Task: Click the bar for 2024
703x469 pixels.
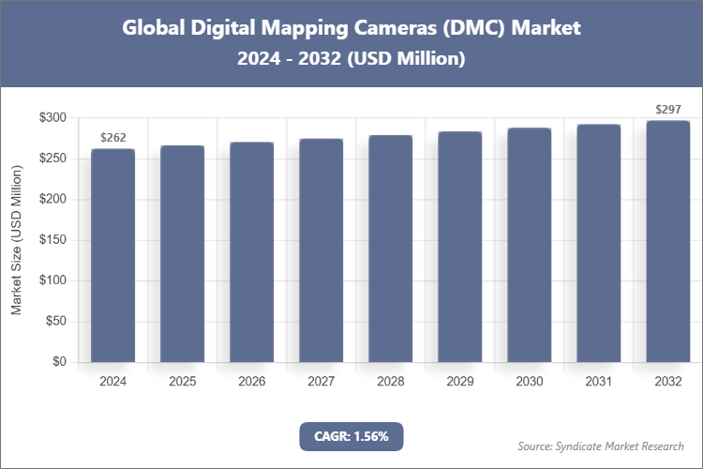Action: [x=112, y=255]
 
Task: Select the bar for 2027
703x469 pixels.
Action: [x=321, y=250]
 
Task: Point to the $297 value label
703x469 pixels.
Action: [x=667, y=110]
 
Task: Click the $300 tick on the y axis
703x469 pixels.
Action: [x=52, y=118]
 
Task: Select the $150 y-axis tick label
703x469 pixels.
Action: [x=52, y=240]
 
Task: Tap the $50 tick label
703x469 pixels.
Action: [x=55, y=322]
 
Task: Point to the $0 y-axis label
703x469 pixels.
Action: [x=59, y=362]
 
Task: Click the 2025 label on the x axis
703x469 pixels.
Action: [x=182, y=382]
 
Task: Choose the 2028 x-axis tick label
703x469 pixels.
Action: [x=390, y=382]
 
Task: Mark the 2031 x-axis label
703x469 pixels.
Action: [x=598, y=382]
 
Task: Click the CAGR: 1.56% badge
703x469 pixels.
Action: [x=351, y=436]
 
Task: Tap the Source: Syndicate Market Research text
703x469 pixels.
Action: [x=601, y=446]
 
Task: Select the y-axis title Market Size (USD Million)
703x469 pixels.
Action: [x=17, y=241]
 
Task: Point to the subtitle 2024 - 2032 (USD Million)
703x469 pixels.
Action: [x=351, y=58]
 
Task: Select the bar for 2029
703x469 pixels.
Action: [x=459, y=247]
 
